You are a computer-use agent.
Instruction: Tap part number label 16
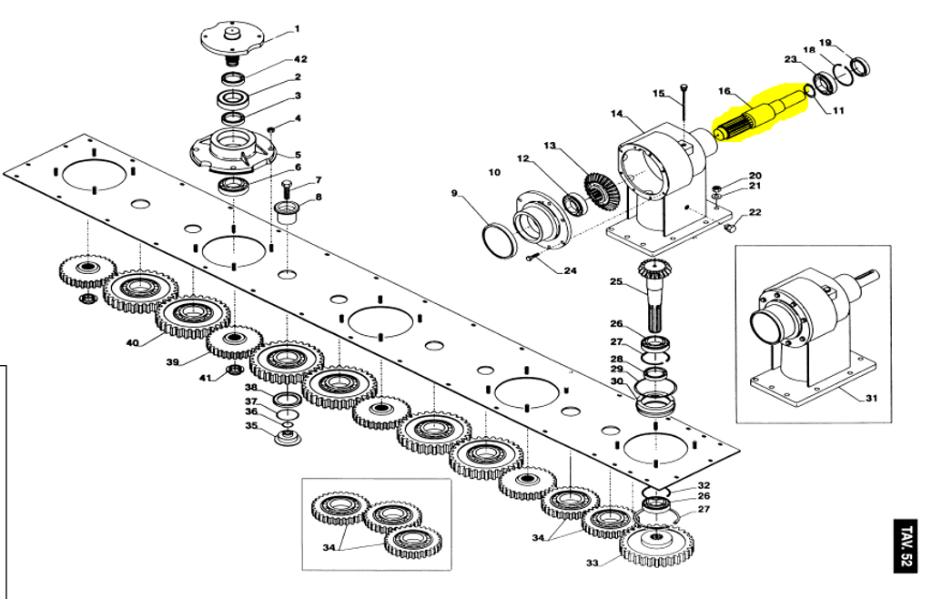(x=724, y=91)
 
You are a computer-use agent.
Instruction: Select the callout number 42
(x=300, y=59)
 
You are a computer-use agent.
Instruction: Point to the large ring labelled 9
(x=499, y=240)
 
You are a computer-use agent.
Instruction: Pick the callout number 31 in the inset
(x=871, y=398)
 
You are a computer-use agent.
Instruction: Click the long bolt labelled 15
(x=684, y=114)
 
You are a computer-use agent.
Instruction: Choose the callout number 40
(x=133, y=343)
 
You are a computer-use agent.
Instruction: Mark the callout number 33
(x=592, y=563)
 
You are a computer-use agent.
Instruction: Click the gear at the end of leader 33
(x=655, y=545)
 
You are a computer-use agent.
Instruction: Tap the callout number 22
(x=755, y=212)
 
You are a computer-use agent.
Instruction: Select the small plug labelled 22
(x=731, y=227)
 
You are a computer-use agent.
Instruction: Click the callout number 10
(x=494, y=172)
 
